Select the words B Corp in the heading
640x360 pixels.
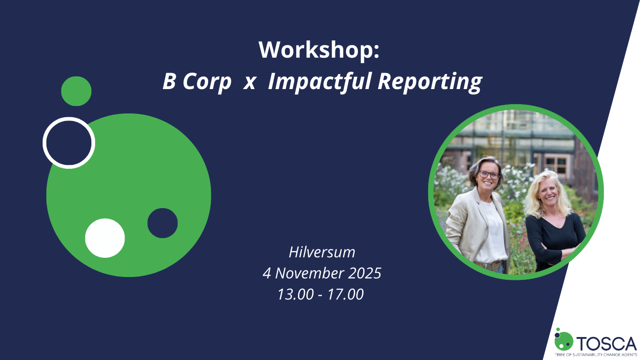(x=197, y=82)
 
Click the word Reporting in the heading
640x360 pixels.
(x=429, y=82)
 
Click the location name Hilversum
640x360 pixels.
(x=322, y=252)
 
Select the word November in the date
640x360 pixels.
(x=321, y=273)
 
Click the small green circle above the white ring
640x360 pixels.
(x=76, y=91)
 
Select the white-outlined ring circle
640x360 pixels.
(x=69, y=142)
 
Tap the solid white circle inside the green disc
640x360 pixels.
(x=105, y=238)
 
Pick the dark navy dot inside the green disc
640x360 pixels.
(x=163, y=223)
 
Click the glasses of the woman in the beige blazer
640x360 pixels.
(x=489, y=174)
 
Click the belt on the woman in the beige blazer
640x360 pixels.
(x=490, y=265)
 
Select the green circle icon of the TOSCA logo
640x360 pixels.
(x=564, y=341)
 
